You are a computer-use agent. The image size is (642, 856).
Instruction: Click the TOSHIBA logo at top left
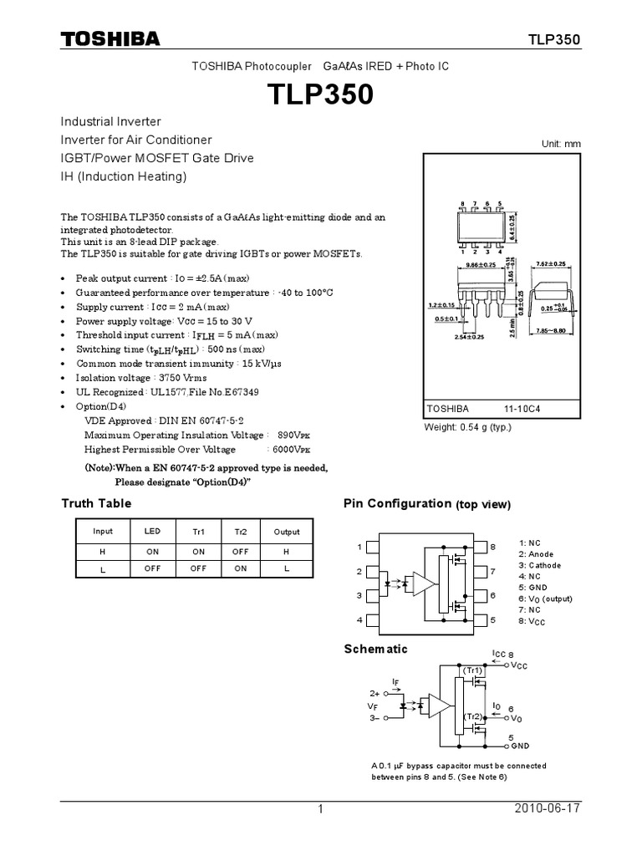[x=110, y=39]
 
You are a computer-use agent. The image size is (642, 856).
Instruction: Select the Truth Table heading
[x=96, y=503]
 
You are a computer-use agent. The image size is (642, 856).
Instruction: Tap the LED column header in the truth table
[x=151, y=532]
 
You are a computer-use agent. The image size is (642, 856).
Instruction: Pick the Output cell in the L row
[x=286, y=568]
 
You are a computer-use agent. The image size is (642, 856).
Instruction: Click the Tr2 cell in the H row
[x=241, y=551]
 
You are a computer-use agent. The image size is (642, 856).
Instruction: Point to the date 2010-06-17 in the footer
[x=549, y=809]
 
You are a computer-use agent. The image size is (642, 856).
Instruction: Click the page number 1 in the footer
[x=320, y=809]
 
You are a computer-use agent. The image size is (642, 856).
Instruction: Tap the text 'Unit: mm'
[x=561, y=144]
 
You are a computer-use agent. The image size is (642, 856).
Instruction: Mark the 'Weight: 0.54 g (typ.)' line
[x=468, y=427]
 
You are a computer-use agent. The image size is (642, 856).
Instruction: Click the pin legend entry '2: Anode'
[x=536, y=554]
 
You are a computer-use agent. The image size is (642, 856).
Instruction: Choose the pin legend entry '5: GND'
[x=532, y=587]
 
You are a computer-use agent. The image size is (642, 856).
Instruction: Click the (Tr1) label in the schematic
[x=473, y=670]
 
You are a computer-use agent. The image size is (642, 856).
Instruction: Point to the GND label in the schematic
[x=521, y=745]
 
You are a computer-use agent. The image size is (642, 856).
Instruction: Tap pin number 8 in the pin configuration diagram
[x=493, y=546]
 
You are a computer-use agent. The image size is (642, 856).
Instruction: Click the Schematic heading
[x=376, y=649]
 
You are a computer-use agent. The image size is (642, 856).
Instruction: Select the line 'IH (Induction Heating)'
[x=124, y=176]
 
